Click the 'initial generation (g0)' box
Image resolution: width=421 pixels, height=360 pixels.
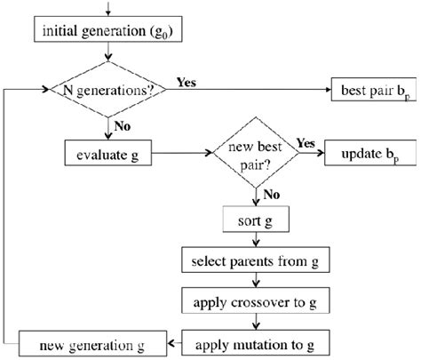tap(109, 34)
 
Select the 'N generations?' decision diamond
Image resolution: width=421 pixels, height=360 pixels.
tap(109, 90)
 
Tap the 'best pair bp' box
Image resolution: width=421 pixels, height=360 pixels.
tap(369, 90)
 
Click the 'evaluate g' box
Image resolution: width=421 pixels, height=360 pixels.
tap(109, 156)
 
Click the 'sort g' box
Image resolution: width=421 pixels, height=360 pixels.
tap(256, 218)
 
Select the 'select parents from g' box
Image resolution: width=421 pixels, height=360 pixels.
tap(256, 264)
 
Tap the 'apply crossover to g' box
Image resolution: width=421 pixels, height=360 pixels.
tap(256, 302)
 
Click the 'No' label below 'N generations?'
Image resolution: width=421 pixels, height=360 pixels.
tap(123, 127)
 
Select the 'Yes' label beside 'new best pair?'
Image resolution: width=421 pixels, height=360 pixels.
tap(306, 143)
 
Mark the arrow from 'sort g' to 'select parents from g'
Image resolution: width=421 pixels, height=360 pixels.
tap(256, 241)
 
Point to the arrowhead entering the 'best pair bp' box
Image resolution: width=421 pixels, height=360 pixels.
tap(325, 90)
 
